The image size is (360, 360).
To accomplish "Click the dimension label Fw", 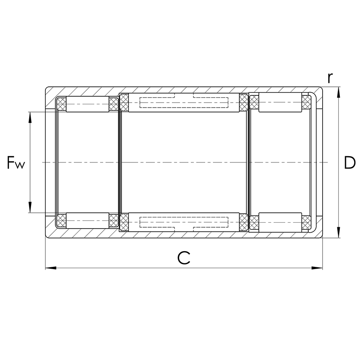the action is [16, 162].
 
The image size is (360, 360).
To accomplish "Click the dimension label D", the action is [350, 162].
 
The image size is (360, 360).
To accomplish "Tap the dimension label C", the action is [184, 257].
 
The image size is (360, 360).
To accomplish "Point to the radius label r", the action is [330, 78].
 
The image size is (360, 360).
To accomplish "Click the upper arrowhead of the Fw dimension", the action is [30, 117].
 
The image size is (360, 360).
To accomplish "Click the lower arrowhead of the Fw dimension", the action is [30, 207].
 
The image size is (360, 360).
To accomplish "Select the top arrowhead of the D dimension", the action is [339, 93].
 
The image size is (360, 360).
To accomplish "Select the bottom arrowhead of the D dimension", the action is [339, 232].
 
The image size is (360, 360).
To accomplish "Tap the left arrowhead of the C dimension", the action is [51, 268].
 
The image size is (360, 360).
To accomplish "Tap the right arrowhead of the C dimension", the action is [317, 268].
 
